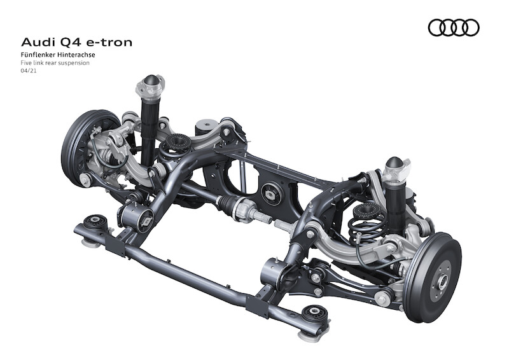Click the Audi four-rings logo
coord(453,27)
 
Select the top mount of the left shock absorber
coord(151,85)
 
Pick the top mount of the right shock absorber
coord(396,166)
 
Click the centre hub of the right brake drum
coord(441,279)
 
